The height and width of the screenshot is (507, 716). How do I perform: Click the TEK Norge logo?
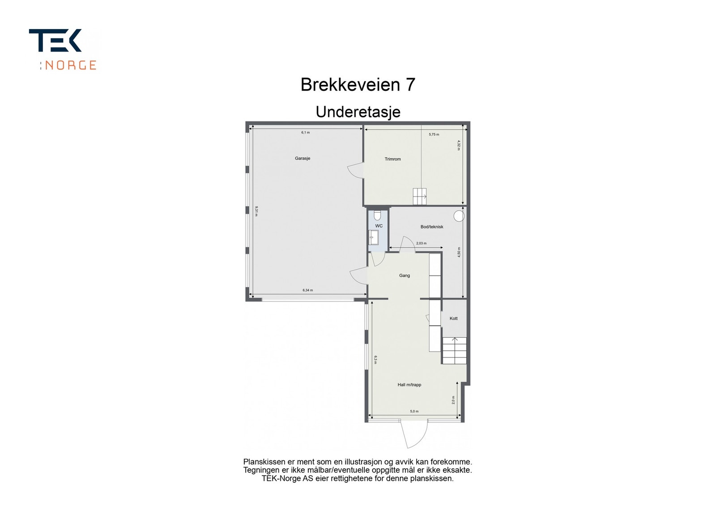click(x=63, y=49)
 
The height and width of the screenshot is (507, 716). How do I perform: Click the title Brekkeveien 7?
click(x=358, y=85)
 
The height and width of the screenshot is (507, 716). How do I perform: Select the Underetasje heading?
click(x=358, y=112)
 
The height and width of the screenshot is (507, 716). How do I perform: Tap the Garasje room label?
click(x=303, y=159)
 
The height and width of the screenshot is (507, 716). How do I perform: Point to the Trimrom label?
click(x=392, y=159)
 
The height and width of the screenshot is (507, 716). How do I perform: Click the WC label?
click(x=379, y=226)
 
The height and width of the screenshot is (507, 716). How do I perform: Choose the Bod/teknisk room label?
click(x=432, y=227)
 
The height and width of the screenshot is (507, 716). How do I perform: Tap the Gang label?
click(x=405, y=275)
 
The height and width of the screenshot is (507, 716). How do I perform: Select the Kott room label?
click(x=454, y=318)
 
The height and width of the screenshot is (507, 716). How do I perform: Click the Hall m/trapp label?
click(x=409, y=385)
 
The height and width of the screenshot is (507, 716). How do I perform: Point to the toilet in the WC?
click(x=377, y=215)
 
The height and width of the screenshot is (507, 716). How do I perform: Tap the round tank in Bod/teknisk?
click(x=459, y=216)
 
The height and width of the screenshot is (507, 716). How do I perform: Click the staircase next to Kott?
click(x=455, y=350)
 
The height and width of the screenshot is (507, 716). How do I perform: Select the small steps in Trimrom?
click(x=420, y=196)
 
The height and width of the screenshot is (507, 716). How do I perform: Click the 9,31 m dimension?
click(x=256, y=211)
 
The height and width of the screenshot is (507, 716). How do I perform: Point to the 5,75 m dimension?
click(x=434, y=134)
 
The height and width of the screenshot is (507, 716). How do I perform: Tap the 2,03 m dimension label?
click(x=421, y=244)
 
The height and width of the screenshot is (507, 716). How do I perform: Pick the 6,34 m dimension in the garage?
click(x=307, y=290)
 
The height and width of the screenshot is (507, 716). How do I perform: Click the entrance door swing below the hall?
click(x=414, y=434)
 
